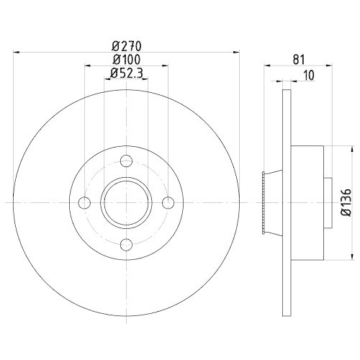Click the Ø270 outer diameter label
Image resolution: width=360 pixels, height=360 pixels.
127,45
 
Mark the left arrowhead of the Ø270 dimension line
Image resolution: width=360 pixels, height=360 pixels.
18,52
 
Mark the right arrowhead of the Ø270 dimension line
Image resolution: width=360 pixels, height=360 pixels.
235,52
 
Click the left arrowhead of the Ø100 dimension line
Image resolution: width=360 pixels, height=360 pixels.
87,66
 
